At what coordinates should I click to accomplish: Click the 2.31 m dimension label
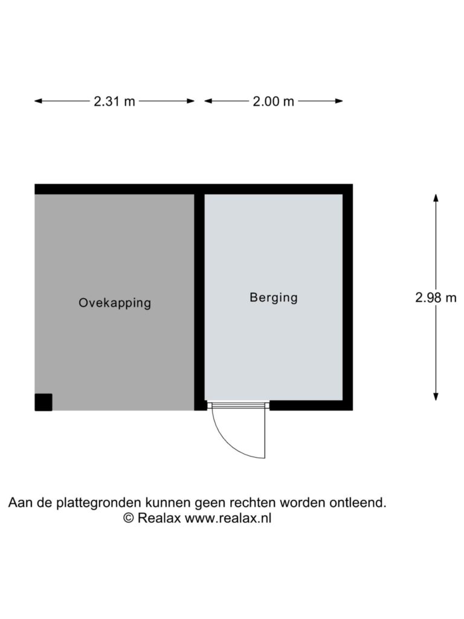click(114, 102)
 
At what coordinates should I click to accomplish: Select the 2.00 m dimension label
click(274, 102)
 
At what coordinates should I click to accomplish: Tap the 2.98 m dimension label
click(436, 297)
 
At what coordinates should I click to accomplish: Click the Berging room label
click(274, 297)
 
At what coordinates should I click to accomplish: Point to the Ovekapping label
click(115, 303)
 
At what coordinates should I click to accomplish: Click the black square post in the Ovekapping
click(43, 402)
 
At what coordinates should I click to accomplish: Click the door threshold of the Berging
click(238, 404)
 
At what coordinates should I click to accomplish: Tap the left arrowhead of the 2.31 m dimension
click(38, 101)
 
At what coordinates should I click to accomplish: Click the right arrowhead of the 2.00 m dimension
click(338, 101)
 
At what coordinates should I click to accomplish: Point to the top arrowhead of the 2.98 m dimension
click(436, 198)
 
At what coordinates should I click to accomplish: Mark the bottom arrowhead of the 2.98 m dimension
click(436, 397)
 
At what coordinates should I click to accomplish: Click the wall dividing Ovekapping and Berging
click(199, 302)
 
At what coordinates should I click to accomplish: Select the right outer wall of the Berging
click(347, 297)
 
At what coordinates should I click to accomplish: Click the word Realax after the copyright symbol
click(159, 518)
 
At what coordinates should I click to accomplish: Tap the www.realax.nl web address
click(228, 518)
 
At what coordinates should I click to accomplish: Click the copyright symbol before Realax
click(129, 518)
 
